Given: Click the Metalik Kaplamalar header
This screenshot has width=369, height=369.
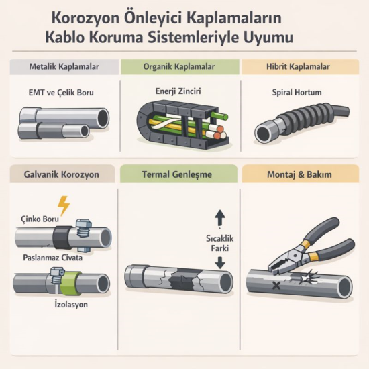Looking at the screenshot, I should click(64, 67).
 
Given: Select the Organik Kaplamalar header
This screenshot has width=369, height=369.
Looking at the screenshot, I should click(179, 67).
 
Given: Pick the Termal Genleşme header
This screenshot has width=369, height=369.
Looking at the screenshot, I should click(179, 174).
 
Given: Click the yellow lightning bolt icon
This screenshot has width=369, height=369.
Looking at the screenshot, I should click(64, 205).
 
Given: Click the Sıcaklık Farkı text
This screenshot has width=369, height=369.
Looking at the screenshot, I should click(221, 244).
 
